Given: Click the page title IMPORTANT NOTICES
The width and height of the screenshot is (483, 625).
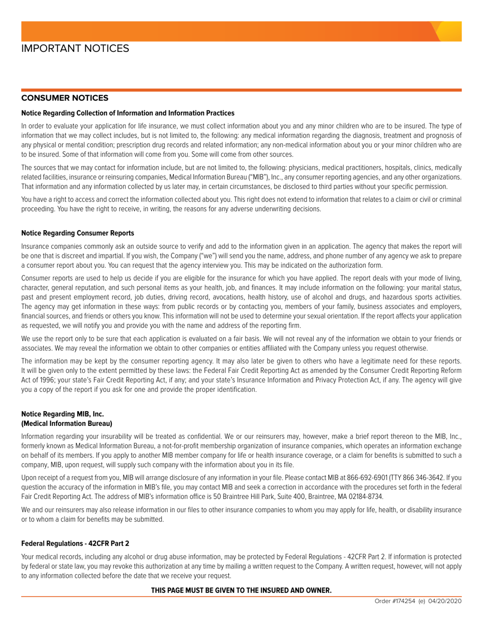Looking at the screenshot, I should (x=75, y=48).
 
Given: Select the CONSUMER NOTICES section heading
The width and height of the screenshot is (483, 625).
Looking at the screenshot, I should (x=65, y=98).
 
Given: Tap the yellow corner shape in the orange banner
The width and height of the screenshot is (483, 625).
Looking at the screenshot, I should (x=449, y=31).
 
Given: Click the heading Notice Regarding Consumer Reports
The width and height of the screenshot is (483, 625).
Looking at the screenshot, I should (x=78, y=233).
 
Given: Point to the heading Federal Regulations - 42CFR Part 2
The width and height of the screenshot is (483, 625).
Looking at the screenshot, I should (x=75, y=543).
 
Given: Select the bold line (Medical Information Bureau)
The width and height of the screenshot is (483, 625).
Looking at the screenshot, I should (x=67, y=423).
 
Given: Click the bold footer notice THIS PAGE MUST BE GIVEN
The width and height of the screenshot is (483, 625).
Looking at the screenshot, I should (x=241, y=590).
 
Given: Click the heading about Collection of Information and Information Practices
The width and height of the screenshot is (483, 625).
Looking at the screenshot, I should (x=128, y=113).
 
